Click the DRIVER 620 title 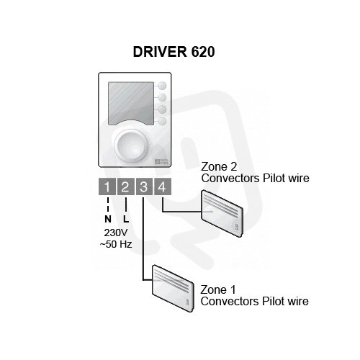(x=174, y=52)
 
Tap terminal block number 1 (x=107, y=186)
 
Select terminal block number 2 (x=126, y=186)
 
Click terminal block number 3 (x=144, y=186)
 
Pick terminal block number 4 (x=163, y=186)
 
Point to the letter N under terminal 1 (x=108, y=219)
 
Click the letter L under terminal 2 (x=126, y=219)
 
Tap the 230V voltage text (x=116, y=233)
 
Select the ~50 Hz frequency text (x=116, y=244)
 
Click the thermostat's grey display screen (x=131, y=104)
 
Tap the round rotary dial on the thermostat (x=131, y=145)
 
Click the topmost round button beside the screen (x=163, y=86)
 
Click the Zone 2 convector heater (x=222, y=213)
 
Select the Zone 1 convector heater (x=173, y=288)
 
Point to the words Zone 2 (x=219, y=166)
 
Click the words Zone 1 (x=218, y=289)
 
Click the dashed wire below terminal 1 (x=108, y=205)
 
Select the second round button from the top (x=163, y=97)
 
